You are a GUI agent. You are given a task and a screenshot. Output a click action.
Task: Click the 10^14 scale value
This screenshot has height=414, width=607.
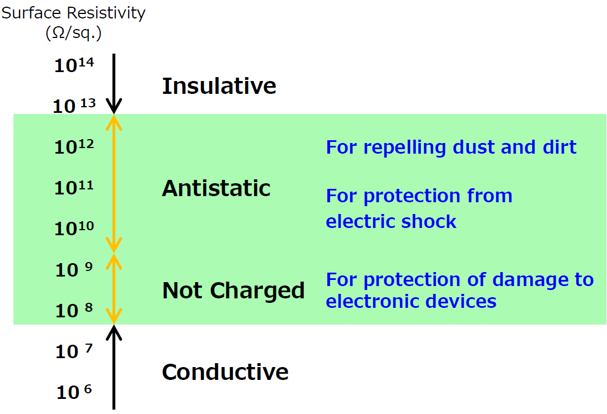[x=74, y=65]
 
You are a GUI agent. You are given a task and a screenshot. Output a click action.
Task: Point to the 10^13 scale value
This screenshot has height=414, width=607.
[x=74, y=105]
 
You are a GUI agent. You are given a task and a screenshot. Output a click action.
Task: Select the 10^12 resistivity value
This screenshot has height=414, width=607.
[x=74, y=146]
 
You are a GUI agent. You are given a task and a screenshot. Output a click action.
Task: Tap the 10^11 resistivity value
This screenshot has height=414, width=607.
[x=74, y=187]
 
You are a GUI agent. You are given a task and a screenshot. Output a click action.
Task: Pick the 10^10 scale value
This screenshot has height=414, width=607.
[x=74, y=228]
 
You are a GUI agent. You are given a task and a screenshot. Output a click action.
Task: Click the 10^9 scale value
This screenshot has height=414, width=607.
[x=74, y=269]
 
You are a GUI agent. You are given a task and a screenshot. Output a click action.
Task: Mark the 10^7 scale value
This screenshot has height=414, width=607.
[x=74, y=351]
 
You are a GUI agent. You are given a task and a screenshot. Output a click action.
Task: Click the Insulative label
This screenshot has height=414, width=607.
[x=219, y=86]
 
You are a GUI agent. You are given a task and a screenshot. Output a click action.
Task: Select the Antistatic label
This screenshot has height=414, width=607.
[x=216, y=188]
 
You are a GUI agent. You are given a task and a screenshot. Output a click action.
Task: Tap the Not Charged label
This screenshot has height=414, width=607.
[x=233, y=291]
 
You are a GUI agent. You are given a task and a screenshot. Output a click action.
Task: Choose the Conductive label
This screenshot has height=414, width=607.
[x=225, y=372]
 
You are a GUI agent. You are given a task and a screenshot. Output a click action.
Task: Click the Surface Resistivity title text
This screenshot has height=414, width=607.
[x=73, y=13]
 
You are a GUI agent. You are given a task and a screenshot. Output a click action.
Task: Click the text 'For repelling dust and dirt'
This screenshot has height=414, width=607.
[x=451, y=147]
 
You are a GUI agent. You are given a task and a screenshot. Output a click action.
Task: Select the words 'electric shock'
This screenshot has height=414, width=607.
[x=391, y=221]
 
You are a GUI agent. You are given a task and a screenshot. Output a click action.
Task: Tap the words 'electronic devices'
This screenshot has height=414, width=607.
[x=411, y=301]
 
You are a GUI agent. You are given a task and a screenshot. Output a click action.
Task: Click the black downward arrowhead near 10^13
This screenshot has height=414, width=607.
[x=114, y=106]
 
